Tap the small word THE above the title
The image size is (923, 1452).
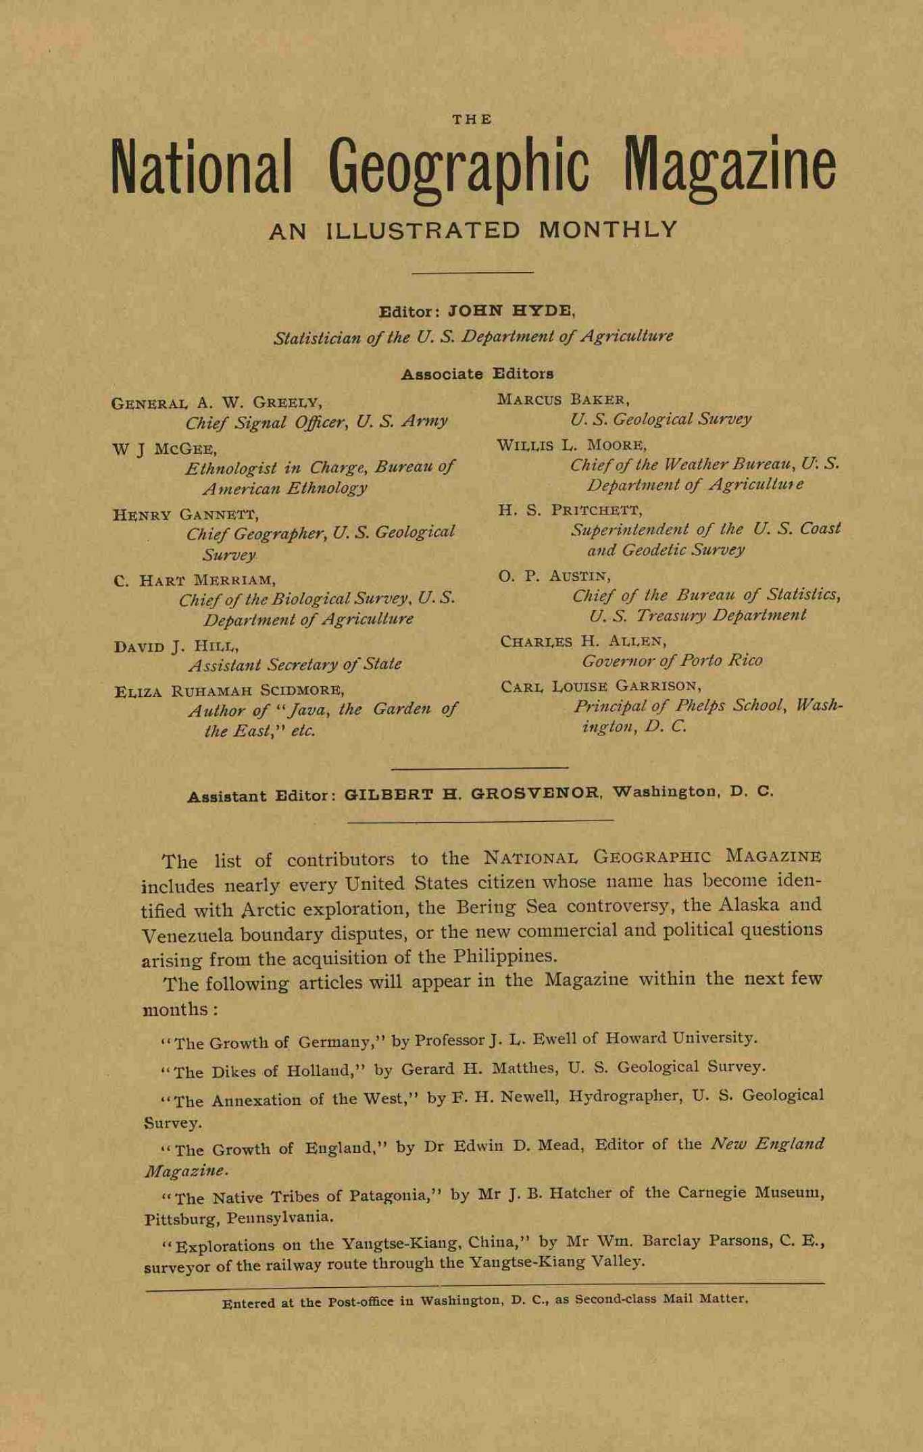(x=472, y=120)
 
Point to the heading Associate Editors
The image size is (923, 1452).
(x=477, y=373)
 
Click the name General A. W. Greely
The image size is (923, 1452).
(x=216, y=403)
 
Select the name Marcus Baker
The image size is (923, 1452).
(x=564, y=400)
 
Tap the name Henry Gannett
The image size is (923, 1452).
(x=186, y=515)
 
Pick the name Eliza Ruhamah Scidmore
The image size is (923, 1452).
(x=230, y=691)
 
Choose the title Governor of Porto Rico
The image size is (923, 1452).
(x=672, y=660)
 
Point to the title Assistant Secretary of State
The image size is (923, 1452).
(x=295, y=665)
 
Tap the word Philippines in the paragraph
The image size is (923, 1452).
(x=505, y=956)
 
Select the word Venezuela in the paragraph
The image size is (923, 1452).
(x=189, y=936)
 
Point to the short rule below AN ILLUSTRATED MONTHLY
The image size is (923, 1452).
(x=472, y=272)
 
